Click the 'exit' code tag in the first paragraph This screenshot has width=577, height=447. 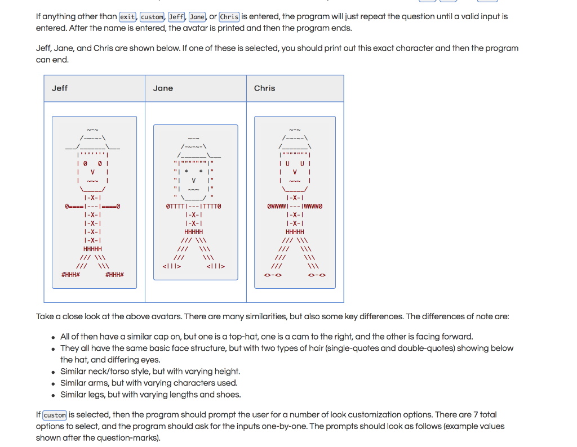pos(128,17)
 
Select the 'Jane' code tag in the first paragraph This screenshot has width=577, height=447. pos(197,17)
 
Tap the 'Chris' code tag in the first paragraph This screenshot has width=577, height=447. pos(229,17)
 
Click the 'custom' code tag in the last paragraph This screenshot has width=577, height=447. pos(55,415)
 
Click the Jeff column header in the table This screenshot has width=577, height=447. pos(60,88)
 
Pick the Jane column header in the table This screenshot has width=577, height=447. pos(163,88)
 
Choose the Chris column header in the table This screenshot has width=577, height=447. pos(264,88)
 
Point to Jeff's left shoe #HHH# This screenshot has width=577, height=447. pos(70,275)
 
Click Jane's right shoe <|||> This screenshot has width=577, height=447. pos(216,266)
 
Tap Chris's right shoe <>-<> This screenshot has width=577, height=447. pos(317,275)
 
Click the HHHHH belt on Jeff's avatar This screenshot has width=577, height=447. pos(92,249)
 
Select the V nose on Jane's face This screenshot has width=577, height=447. pos(193,181)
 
